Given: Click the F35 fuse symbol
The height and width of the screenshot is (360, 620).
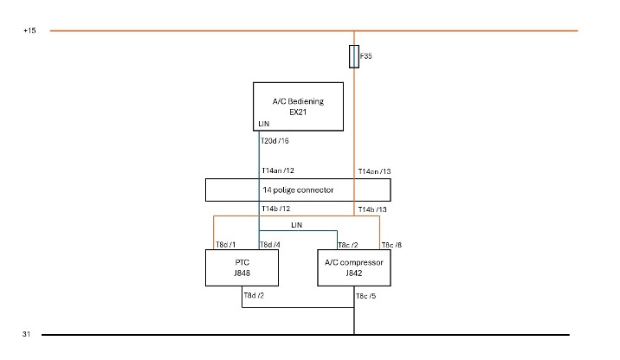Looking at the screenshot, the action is (x=354, y=56).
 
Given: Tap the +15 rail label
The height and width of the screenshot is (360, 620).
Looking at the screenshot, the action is (x=29, y=30).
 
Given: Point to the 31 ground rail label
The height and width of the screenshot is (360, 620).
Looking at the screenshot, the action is (x=26, y=334).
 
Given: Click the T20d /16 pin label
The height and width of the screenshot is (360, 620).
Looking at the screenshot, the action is (x=274, y=141).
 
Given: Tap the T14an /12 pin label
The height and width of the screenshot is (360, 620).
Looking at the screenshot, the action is (x=278, y=170).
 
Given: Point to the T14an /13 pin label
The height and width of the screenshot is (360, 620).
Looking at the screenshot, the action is (x=374, y=171).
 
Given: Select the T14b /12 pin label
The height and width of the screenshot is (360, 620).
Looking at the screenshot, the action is (x=276, y=209).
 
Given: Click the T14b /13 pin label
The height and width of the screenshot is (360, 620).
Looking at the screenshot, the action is (x=372, y=209).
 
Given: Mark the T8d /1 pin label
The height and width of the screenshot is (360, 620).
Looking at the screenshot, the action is (x=225, y=245).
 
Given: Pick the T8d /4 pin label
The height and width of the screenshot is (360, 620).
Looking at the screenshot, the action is (x=270, y=245).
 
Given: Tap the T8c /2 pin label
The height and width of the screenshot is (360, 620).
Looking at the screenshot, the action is (x=348, y=246).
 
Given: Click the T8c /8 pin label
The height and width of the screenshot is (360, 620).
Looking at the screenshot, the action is (x=392, y=245).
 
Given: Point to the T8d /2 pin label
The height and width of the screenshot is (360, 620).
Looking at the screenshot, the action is (x=254, y=296).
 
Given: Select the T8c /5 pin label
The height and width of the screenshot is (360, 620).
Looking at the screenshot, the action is (x=365, y=296).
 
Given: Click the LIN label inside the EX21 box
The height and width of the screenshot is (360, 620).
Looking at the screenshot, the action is (x=264, y=124).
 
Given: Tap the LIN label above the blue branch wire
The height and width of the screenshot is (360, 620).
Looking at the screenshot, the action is (x=296, y=225).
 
